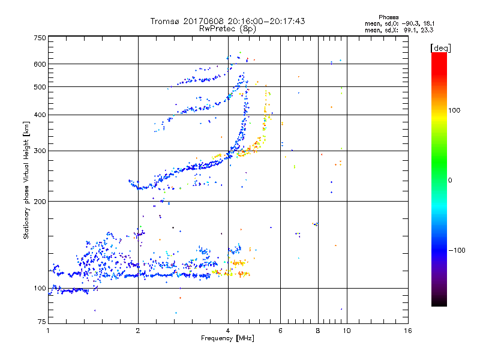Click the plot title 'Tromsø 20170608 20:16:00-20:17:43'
pos(227,21)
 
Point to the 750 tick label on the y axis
pos(40,37)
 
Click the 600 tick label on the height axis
pos(40,64)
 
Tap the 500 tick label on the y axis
pos(40,87)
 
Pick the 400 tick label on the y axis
pos(40,115)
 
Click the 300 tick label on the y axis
pos(40,151)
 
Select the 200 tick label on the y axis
pos(40,201)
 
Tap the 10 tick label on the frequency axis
pos(347,331)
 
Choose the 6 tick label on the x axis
pos(281,331)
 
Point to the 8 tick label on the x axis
pos(318,331)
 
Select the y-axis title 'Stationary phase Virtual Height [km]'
pos(26,181)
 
